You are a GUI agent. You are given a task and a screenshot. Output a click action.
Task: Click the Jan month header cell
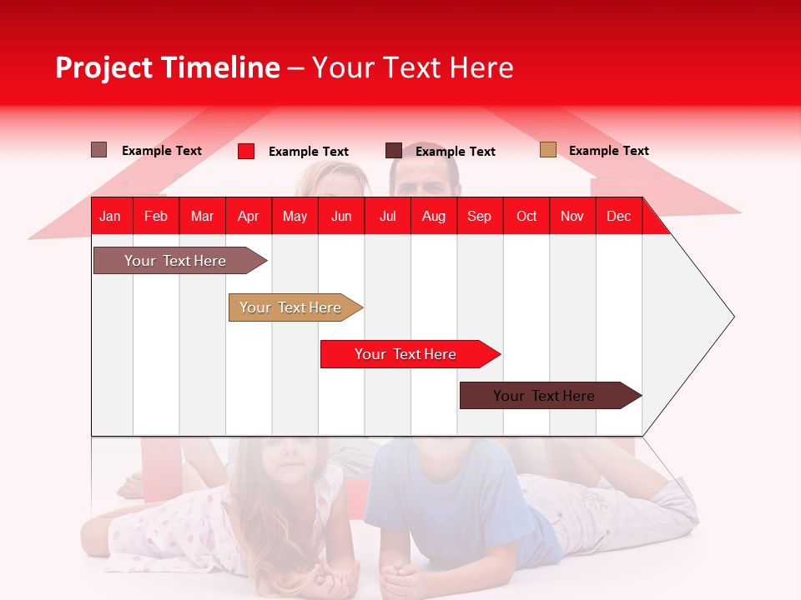tap(111, 216)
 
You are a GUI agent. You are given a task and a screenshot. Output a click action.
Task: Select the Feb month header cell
tap(156, 216)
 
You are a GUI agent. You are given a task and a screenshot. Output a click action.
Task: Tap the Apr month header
tap(248, 216)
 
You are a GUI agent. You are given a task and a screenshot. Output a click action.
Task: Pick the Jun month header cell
tap(341, 216)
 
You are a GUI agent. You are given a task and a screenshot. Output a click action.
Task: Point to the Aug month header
tap(433, 216)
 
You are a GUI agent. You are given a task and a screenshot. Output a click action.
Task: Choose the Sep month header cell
tap(479, 216)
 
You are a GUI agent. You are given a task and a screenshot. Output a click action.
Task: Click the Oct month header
tap(526, 216)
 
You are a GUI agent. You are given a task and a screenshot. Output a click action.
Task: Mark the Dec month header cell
tap(618, 216)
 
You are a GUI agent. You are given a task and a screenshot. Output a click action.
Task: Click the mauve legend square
tap(99, 150)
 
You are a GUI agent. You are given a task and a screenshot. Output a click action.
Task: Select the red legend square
tap(246, 151)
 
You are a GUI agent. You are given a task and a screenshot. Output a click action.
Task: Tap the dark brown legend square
tap(394, 151)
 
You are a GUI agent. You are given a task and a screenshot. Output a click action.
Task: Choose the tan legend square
tap(548, 150)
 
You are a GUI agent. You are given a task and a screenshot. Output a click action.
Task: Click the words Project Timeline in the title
tap(168, 67)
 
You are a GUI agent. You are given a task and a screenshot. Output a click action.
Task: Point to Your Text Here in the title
tap(413, 67)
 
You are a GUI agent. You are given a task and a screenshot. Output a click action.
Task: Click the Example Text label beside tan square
tap(608, 151)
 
